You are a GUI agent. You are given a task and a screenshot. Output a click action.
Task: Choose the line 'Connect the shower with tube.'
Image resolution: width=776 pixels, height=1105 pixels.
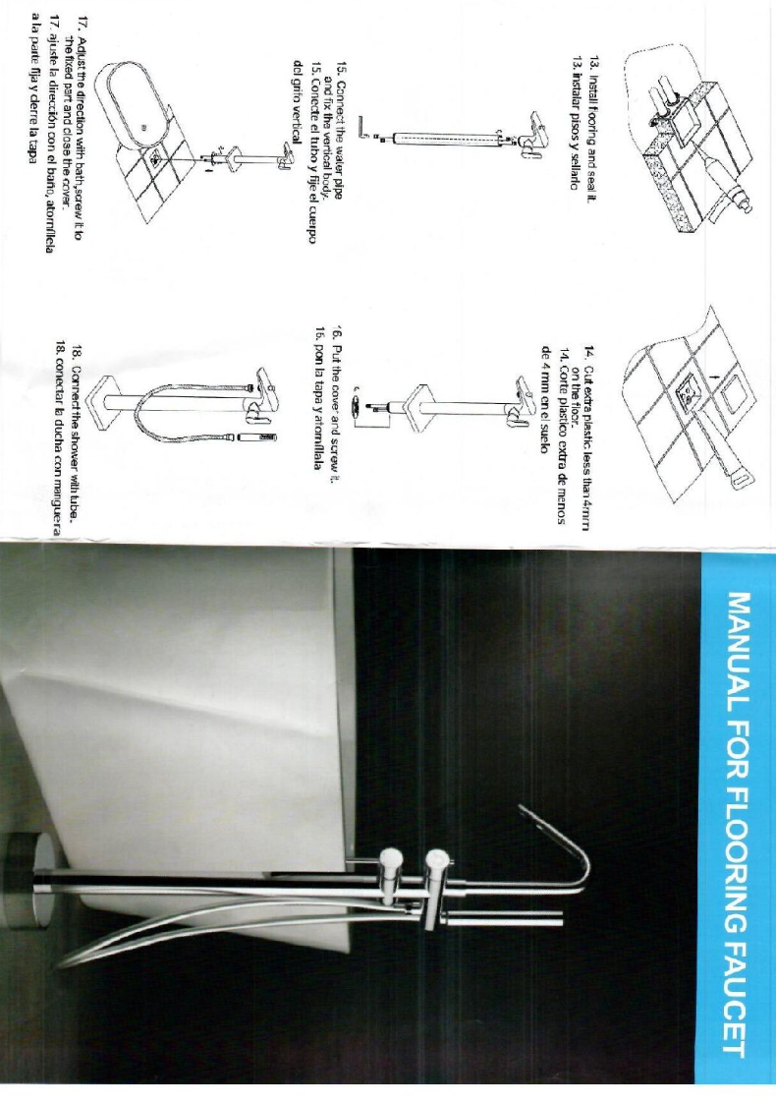point(75,433)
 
